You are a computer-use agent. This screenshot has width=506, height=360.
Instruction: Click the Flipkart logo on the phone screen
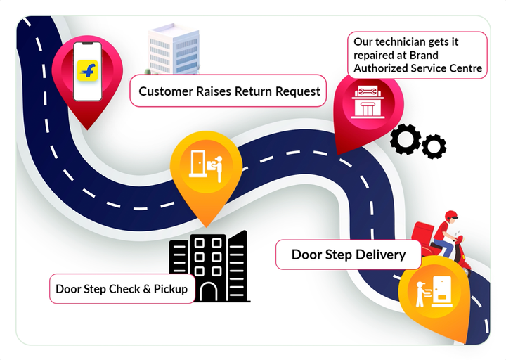87,70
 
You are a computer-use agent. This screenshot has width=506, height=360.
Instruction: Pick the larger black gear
405,139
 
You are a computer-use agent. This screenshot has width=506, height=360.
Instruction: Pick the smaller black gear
434,146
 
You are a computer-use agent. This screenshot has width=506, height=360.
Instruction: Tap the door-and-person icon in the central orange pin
207,165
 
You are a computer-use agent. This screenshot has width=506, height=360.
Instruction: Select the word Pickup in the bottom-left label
173,289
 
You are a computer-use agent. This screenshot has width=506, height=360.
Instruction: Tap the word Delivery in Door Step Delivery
380,255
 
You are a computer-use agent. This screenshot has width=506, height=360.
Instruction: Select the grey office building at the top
173,49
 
